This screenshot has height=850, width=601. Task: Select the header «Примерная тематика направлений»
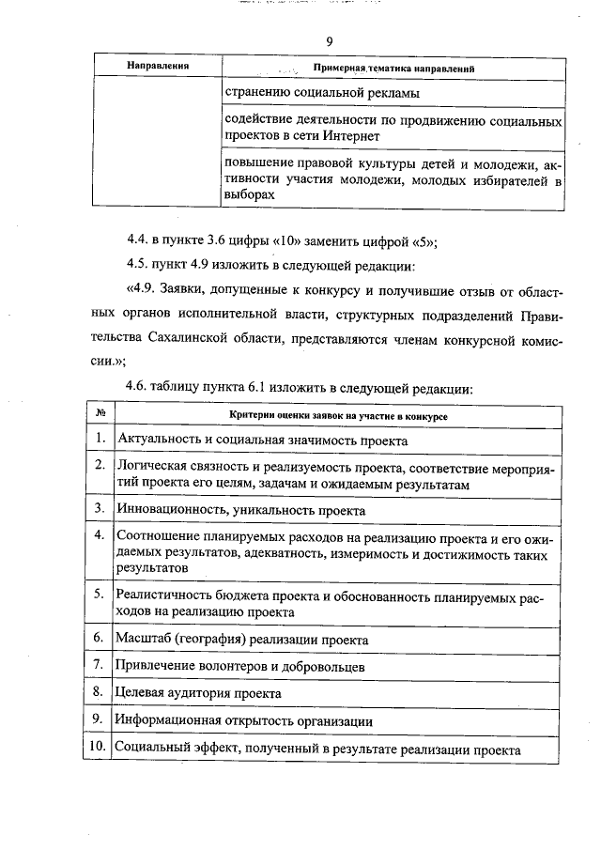[x=393, y=69]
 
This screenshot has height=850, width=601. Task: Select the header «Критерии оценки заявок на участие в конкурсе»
[x=338, y=414]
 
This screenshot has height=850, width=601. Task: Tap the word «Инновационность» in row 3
[x=166, y=510]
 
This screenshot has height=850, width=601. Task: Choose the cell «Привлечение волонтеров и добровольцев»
[x=239, y=666]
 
